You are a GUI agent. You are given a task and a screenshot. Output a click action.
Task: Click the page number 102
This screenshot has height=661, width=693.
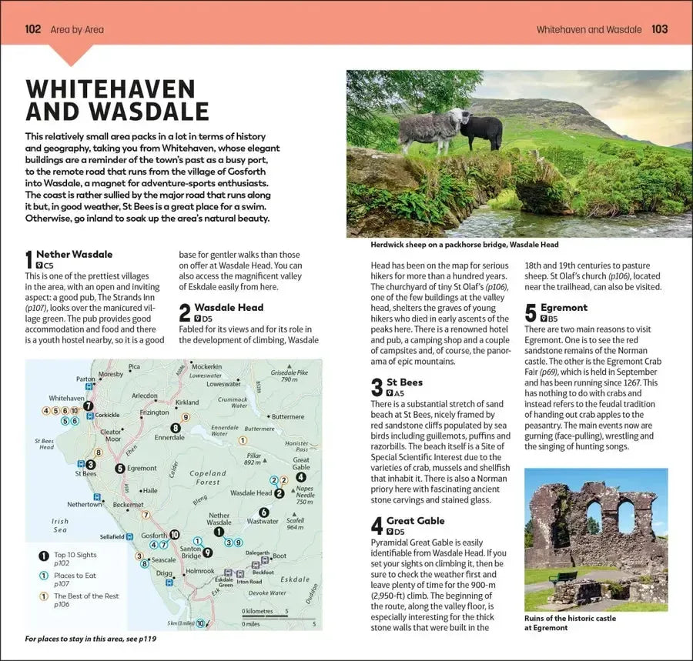(33, 29)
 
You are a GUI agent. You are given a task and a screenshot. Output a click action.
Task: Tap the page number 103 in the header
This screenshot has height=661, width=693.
(659, 29)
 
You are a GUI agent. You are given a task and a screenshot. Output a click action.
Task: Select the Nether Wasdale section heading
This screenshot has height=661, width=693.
(74, 254)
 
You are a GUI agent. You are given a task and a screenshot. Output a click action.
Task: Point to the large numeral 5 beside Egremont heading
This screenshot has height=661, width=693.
(531, 313)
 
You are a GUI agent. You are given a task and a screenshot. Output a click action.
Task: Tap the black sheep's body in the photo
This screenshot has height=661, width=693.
(485, 132)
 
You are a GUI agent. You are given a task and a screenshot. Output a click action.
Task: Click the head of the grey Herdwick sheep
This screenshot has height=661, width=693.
(459, 118)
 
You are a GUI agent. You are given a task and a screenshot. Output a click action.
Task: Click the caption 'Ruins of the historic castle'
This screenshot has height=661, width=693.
(570, 618)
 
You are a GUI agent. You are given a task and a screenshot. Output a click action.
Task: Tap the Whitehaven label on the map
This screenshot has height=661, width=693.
(66, 398)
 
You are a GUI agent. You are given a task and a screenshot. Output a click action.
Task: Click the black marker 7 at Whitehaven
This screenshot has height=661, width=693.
(89, 406)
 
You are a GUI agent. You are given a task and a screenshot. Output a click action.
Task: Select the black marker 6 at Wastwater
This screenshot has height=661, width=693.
(263, 512)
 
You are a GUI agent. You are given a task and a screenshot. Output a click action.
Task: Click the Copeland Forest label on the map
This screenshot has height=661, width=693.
(207, 478)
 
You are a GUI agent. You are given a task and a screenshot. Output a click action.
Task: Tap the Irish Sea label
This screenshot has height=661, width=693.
(60, 525)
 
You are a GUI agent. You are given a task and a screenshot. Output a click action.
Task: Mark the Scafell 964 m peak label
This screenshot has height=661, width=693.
(295, 523)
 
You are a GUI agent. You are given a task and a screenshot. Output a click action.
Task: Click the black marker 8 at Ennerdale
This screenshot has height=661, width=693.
(176, 428)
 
